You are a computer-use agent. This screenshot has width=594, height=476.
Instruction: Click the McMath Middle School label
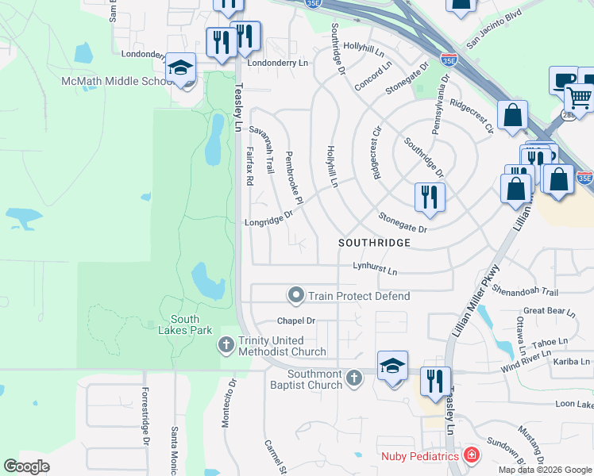tap(117, 81)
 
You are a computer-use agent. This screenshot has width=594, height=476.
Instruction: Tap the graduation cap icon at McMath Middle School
tap(182, 70)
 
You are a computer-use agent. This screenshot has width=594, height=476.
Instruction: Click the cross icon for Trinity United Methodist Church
tap(226, 345)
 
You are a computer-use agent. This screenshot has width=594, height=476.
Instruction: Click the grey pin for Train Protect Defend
tap(296, 296)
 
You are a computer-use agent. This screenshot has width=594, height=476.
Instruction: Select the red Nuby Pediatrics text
tap(420, 455)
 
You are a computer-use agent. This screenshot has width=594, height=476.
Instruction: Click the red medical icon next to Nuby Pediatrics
tap(472, 455)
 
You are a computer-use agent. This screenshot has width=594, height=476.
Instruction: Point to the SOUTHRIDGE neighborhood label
tap(374, 242)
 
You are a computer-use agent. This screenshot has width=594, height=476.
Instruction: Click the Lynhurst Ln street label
tap(375, 270)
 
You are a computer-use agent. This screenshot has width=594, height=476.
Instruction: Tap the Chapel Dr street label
tap(296, 321)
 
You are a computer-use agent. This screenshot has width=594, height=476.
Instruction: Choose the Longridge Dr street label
tap(269, 218)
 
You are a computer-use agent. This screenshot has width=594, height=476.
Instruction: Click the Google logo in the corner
tap(26, 466)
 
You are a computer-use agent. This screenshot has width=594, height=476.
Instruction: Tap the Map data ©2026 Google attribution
tap(544, 470)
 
